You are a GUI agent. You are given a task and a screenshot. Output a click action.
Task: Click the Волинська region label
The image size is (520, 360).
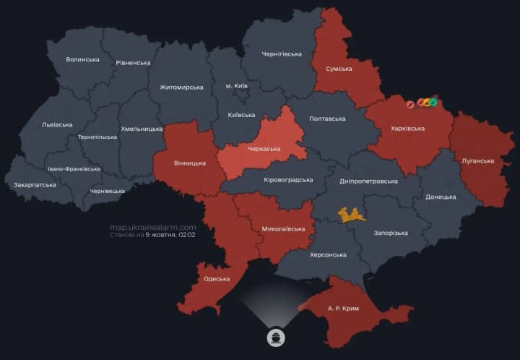82,59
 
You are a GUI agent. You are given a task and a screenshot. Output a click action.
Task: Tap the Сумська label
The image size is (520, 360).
339,69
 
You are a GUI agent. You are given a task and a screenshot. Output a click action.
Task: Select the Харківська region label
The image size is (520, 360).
407,129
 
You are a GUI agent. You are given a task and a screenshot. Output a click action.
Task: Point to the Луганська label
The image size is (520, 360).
477,160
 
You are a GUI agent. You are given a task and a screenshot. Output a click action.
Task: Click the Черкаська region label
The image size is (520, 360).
264,149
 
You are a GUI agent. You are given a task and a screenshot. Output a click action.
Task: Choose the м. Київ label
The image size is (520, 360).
236,86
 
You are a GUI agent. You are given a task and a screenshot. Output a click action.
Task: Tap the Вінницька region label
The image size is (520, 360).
189,163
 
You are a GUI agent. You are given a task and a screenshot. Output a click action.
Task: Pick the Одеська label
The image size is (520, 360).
217,279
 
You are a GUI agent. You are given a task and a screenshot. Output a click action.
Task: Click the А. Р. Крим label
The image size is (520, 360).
343,309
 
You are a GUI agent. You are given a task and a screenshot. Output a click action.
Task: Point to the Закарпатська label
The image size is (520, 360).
35,185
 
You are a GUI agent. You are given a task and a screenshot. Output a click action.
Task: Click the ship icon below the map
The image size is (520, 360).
275,338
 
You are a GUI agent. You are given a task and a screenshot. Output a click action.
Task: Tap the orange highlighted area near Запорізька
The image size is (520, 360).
352,214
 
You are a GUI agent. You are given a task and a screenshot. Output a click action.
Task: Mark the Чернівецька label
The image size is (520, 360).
108,191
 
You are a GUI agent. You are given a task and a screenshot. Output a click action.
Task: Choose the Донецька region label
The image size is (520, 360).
441,197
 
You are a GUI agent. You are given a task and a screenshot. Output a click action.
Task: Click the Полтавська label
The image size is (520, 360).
326,119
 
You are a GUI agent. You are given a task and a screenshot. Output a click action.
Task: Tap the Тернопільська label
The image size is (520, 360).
97,137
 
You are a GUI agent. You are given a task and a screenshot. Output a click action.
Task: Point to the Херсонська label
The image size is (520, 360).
327,254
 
